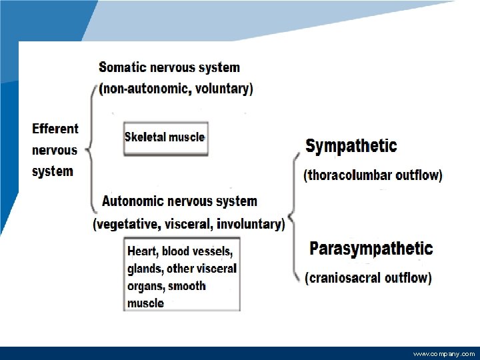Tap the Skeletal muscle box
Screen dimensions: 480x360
tap(165, 138)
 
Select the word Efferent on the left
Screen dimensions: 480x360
tap(55, 129)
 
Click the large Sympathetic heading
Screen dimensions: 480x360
tap(351, 146)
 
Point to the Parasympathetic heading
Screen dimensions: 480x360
tap(371, 249)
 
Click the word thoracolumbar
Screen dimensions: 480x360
tap(353, 176)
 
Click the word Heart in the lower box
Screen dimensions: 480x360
tap(141, 251)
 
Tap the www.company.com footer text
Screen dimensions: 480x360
tap(444, 354)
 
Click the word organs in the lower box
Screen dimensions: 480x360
tap(145, 286)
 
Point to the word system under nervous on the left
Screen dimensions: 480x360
tap(53, 171)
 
